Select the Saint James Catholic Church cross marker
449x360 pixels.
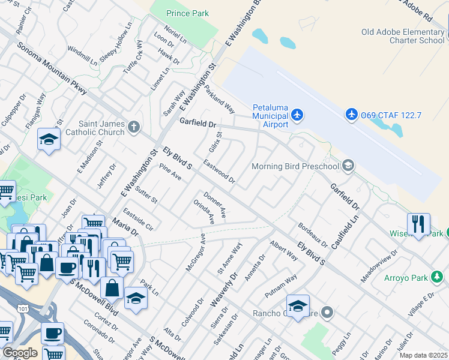click(133, 127)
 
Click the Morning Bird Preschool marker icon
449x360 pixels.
click(348, 166)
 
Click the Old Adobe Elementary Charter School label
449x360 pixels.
click(402, 36)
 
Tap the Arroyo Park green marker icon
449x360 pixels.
click(438, 277)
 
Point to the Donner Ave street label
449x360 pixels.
click(214, 205)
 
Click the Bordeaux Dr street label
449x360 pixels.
click(313, 236)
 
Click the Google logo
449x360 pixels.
click(20, 353)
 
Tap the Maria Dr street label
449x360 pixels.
click(125, 229)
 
